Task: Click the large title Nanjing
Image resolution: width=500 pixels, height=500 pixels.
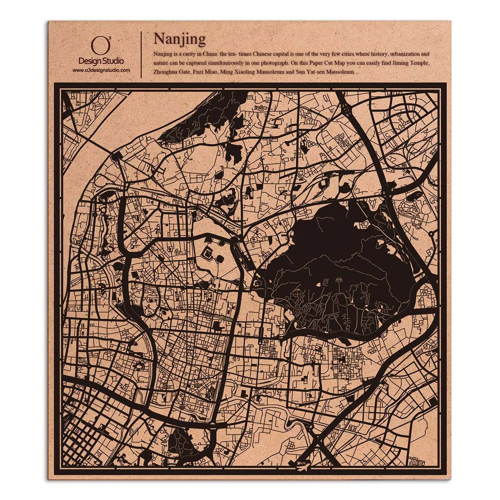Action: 180,39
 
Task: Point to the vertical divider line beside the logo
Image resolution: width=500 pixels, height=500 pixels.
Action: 142,54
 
